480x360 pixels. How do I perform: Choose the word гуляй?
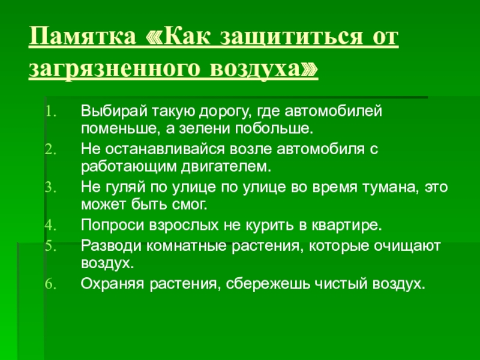118,187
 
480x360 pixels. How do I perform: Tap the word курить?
275,226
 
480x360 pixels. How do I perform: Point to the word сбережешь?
244,284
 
